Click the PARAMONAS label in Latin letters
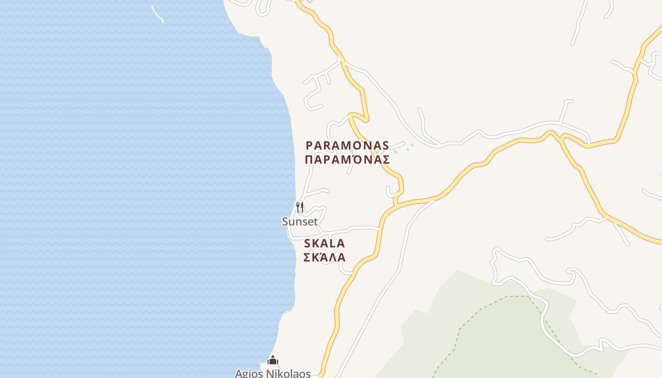click(x=347, y=146)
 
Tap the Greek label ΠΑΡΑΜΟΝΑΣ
click(x=347, y=160)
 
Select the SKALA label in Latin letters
click(x=324, y=244)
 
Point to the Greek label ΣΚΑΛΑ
click(x=324, y=258)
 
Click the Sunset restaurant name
click(x=300, y=222)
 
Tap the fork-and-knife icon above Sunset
click(x=299, y=207)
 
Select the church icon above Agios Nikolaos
click(x=273, y=361)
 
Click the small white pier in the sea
click(x=157, y=14)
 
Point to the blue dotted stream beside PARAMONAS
click(x=407, y=147)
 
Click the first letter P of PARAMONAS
click(x=310, y=146)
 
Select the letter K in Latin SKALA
click(x=317, y=244)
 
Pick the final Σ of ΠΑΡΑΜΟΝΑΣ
click(x=386, y=160)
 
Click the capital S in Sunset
click(x=286, y=222)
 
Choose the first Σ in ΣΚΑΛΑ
click(x=306, y=258)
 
